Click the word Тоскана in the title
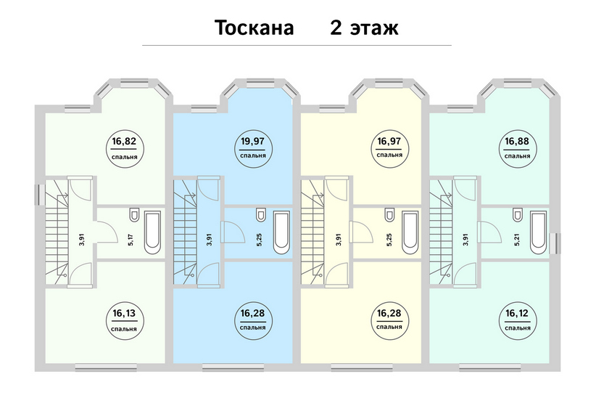click(254, 28)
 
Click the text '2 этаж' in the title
click(364, 28)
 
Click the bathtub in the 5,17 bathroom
click(153, 232)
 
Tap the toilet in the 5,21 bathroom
click(517, 214)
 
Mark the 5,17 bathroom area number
click(131, 240)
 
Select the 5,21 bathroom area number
click(516, 240)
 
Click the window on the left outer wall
click(38, 195)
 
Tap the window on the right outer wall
click(558, 243)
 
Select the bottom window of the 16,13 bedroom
click(106, 367)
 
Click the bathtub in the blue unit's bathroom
click(281, 232)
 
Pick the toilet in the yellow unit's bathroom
click(389, 214)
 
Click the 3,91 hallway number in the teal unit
click(466, 239)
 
